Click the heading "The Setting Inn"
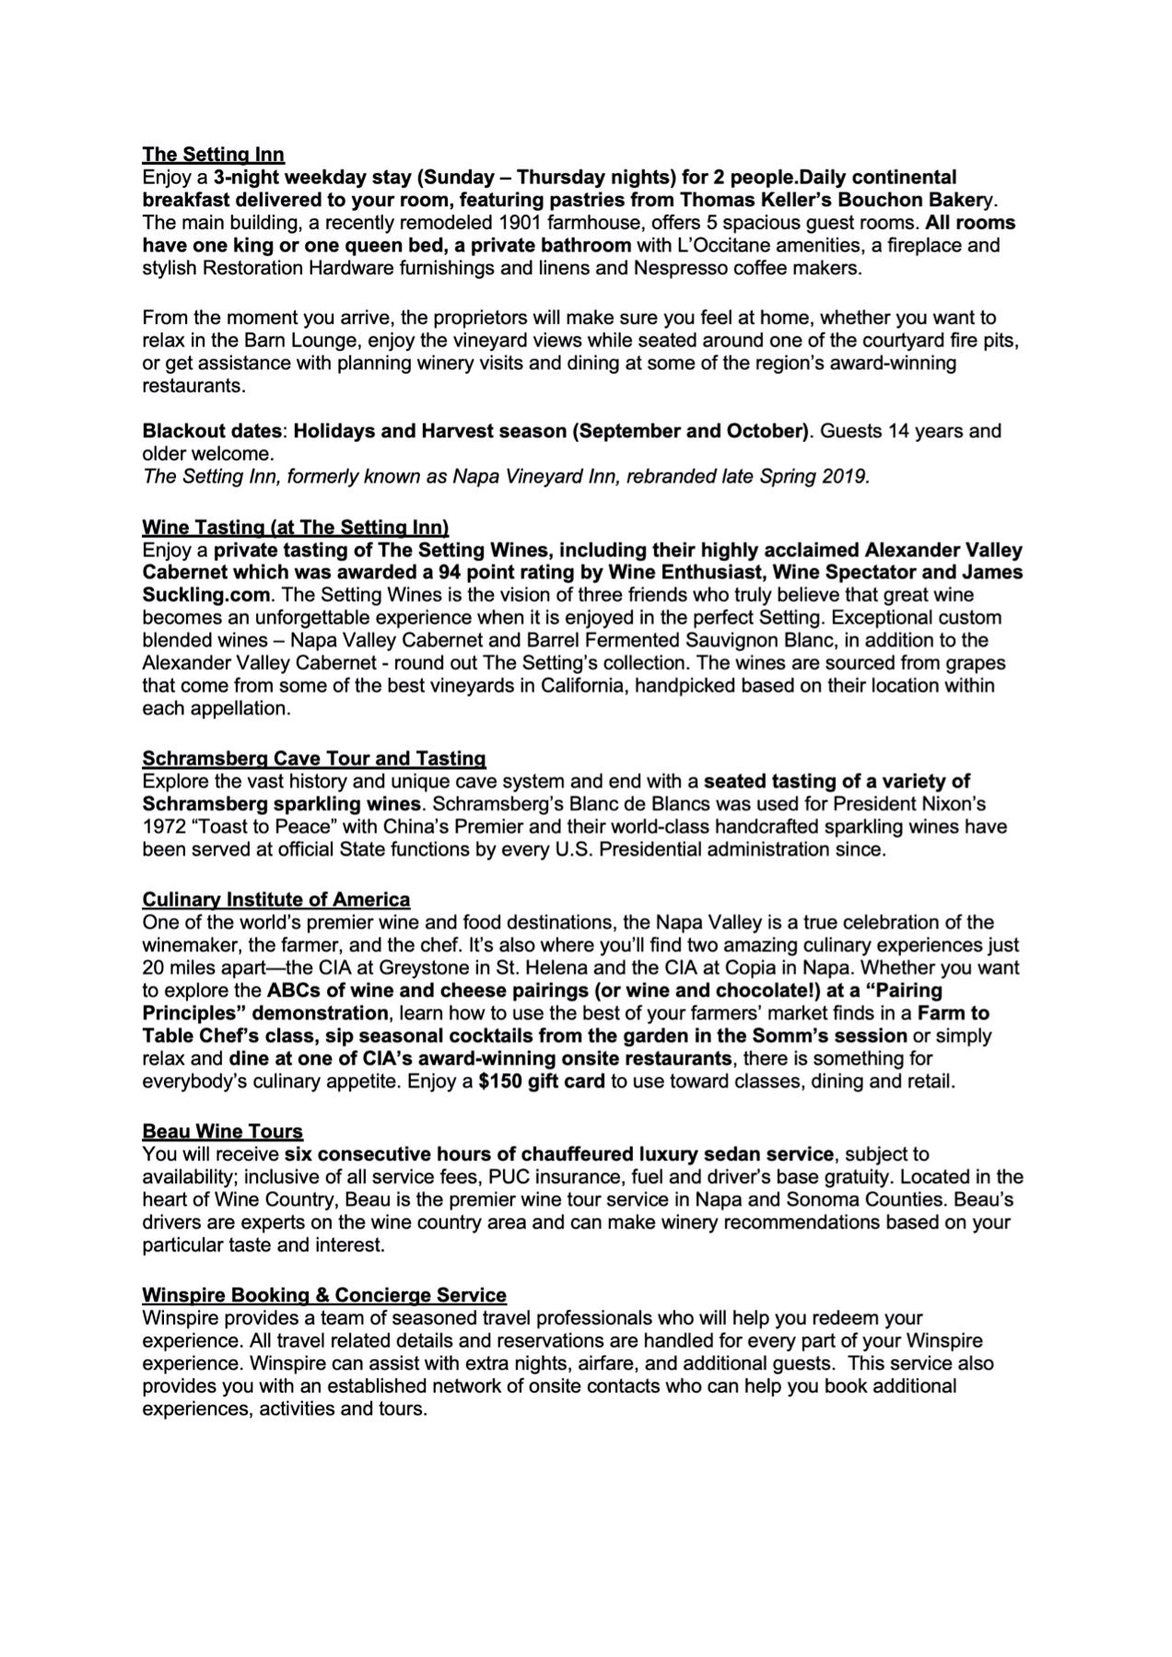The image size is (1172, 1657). coord(213,154)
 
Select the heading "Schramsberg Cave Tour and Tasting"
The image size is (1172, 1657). coord(313,758)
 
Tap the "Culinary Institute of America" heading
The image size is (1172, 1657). coord(275,899)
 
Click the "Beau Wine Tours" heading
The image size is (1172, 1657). coord(222,1131)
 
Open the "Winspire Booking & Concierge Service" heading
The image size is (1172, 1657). coord(323,1295)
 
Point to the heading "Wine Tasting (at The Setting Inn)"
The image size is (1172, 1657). coord(295,527)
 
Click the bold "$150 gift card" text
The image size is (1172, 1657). coord(542,1081)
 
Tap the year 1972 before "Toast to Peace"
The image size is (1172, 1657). coord(162,826)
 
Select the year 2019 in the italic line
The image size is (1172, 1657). coord(848,477)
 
